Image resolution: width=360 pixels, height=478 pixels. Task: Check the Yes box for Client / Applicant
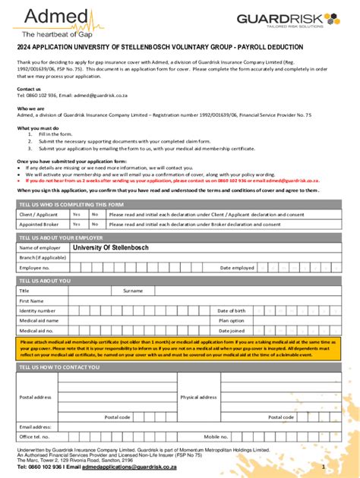click(77, 215)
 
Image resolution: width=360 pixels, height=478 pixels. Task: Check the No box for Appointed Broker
click(95, 225)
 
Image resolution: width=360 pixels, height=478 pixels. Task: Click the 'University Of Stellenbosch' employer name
click(110, 248)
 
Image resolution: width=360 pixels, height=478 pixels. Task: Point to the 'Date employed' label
click(237, 268)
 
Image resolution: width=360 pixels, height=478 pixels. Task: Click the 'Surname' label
click(133, 291)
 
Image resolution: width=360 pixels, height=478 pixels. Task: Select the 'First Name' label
click(32, 300)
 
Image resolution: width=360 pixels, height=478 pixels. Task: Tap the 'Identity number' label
click(37, 311)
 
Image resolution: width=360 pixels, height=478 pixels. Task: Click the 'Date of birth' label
click(231, 311)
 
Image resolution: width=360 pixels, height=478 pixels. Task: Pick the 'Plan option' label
click(231, 321)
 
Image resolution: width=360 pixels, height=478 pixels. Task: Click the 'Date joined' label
click(231, 331)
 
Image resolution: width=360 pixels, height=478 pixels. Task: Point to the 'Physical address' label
click(199, 397)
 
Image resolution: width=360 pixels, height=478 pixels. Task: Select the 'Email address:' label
click(36, 426)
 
